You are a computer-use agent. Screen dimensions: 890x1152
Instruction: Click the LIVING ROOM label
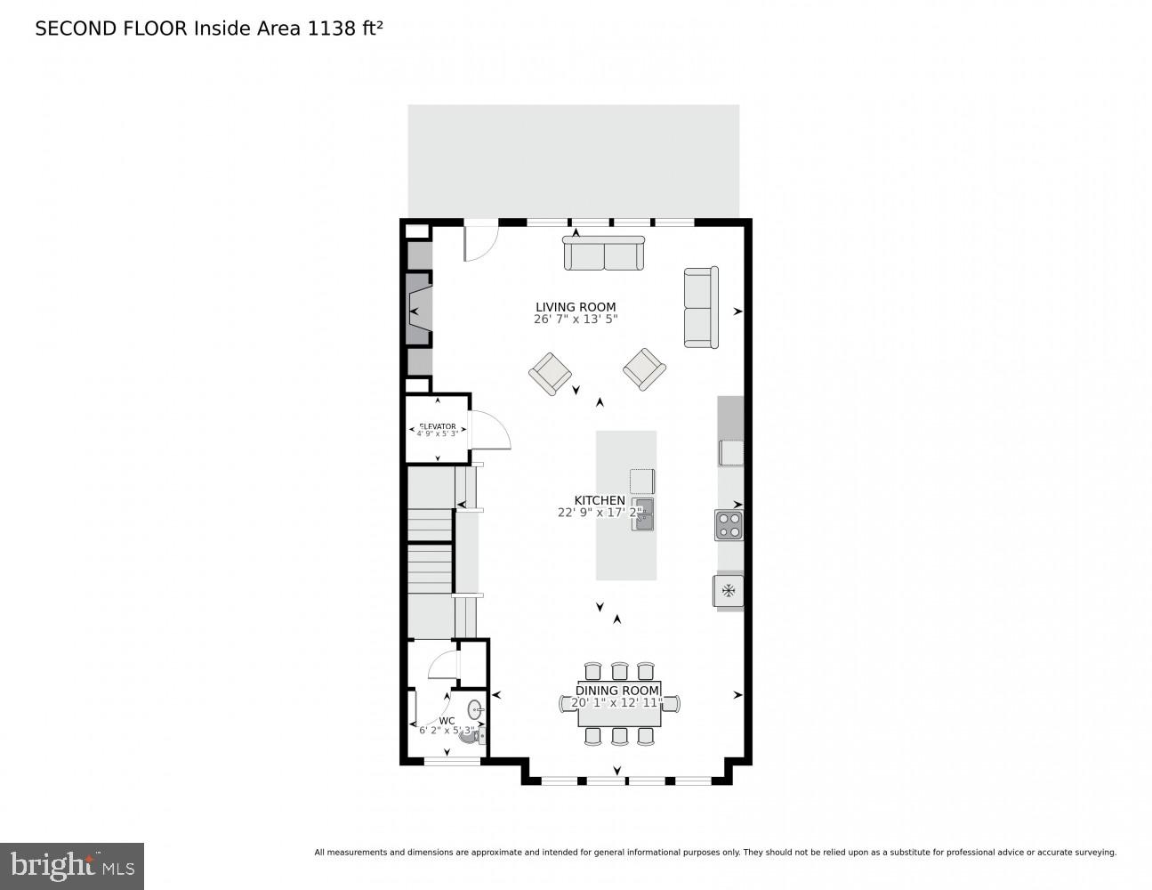pos(575,307)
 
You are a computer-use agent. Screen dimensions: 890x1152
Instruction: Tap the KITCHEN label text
pos(599,500)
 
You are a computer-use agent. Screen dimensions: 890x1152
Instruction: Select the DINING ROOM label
pos(617,691)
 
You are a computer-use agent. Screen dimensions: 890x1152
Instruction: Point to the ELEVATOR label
pos(437,426)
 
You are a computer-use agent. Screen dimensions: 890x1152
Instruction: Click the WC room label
pos(447,721)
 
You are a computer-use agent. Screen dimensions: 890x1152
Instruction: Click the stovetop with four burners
pos(729,525)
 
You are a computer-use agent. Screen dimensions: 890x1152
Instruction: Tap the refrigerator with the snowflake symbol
pos(728,590)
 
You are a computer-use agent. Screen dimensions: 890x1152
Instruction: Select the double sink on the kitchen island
pos(643,514)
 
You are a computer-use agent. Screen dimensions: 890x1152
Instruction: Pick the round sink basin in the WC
pos(475,710)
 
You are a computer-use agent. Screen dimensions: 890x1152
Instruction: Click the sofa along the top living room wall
pos(604,254)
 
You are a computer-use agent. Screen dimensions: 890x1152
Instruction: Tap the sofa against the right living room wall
pos(700,307)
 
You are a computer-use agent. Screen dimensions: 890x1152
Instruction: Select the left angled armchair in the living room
pos(550,373)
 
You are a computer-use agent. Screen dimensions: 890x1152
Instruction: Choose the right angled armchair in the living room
pos(644,368)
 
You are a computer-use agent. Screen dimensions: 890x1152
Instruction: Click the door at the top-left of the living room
pos(481,242)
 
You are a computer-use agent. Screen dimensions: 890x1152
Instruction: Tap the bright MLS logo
pos(71,865)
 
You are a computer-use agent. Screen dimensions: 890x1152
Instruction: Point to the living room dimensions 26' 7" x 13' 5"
pos(575,320)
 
